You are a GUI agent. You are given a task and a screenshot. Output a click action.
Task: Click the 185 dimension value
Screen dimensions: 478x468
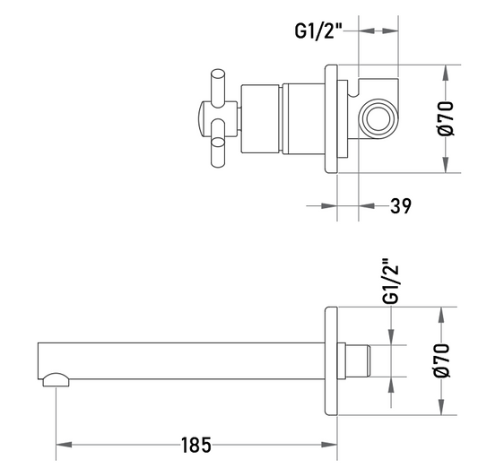(x=196, y=446)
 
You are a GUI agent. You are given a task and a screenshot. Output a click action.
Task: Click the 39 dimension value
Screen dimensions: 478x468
(x=401, y=206)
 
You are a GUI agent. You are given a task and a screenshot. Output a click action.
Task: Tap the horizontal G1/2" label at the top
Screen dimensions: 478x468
(x=318, y=30)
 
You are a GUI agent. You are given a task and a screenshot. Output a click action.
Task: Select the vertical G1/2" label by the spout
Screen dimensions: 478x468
(x=390, y=282)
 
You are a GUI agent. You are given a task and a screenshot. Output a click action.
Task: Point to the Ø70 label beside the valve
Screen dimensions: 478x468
(x=446, y=118)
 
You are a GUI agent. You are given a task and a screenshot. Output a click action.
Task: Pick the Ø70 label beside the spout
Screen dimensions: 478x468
(x=442, y=360)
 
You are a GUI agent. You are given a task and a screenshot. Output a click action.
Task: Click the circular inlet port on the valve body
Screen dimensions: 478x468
(x=378, y=118)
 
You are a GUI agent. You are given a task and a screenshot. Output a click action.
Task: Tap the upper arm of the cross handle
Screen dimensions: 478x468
(x=218, y=88)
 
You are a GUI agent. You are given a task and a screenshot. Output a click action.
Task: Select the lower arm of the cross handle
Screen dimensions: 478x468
(x=218, y=143)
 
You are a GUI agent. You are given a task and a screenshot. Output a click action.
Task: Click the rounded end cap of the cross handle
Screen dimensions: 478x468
(x=202, y=118)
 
